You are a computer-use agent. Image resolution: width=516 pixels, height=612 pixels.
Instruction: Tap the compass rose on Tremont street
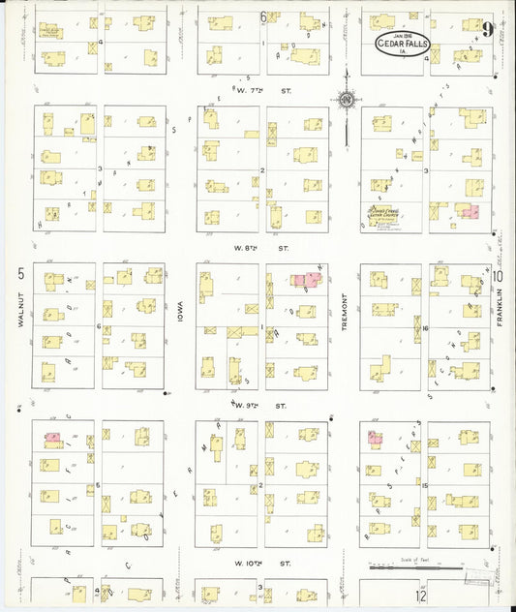(x=346, y=99)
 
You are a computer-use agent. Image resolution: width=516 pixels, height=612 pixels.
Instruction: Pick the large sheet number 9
(x=494, y=31)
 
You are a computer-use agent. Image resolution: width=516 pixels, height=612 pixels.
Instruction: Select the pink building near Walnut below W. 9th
(x=53, y=438)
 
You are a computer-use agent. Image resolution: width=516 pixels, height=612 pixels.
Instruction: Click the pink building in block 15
(x=374, y=438)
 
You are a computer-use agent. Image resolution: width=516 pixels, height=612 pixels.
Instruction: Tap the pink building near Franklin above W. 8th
(x=470, y=211)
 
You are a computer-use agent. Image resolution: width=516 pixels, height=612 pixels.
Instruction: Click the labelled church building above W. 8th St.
(x=379, y=213)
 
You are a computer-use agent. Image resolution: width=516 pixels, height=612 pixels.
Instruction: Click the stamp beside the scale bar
(x=473, y=577)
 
